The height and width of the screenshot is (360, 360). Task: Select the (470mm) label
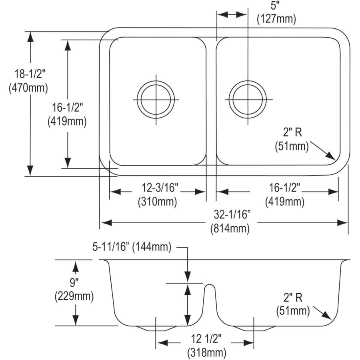click(x=28, y=88)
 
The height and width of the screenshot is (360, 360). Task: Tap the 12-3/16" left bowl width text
click(x=160, y=188)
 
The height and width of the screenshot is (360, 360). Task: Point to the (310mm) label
click(x=158, y=202)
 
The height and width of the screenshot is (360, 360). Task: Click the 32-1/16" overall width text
click(x=232, y=215)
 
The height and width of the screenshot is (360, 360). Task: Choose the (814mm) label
click(x=230, y=229)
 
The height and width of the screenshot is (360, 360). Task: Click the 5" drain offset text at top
click(x=274, y=6)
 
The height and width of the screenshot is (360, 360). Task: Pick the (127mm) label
click(x=276, y=19)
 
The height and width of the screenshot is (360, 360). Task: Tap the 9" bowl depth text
click(x=74, y=282)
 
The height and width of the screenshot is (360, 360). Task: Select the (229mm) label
click(x=74, y=296)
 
